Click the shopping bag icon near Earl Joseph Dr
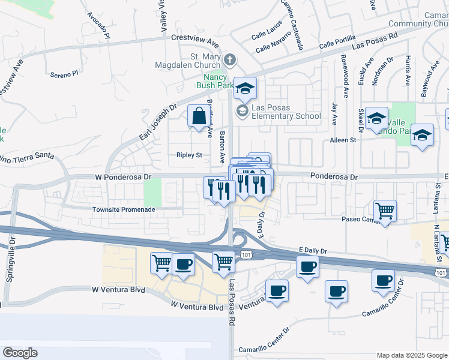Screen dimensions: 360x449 click(x=198, y=116)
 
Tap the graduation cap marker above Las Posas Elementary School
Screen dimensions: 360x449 click(x=245, y=88)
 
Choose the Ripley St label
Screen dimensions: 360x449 click(x=189, y=155)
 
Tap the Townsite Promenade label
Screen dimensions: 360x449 click(x=124, y=209)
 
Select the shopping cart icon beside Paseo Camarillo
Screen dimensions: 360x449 click(x=385, y=211)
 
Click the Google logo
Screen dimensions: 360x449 click(x=20, y=353)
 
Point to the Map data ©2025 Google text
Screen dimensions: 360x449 click(x=412, y=355)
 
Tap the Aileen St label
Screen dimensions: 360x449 click(x=343, y=140)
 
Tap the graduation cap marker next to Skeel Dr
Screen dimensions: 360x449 click(x=376, y=118)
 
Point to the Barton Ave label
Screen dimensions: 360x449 click(x=222, y=148)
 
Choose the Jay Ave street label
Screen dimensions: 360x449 click(x=334, y=114)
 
